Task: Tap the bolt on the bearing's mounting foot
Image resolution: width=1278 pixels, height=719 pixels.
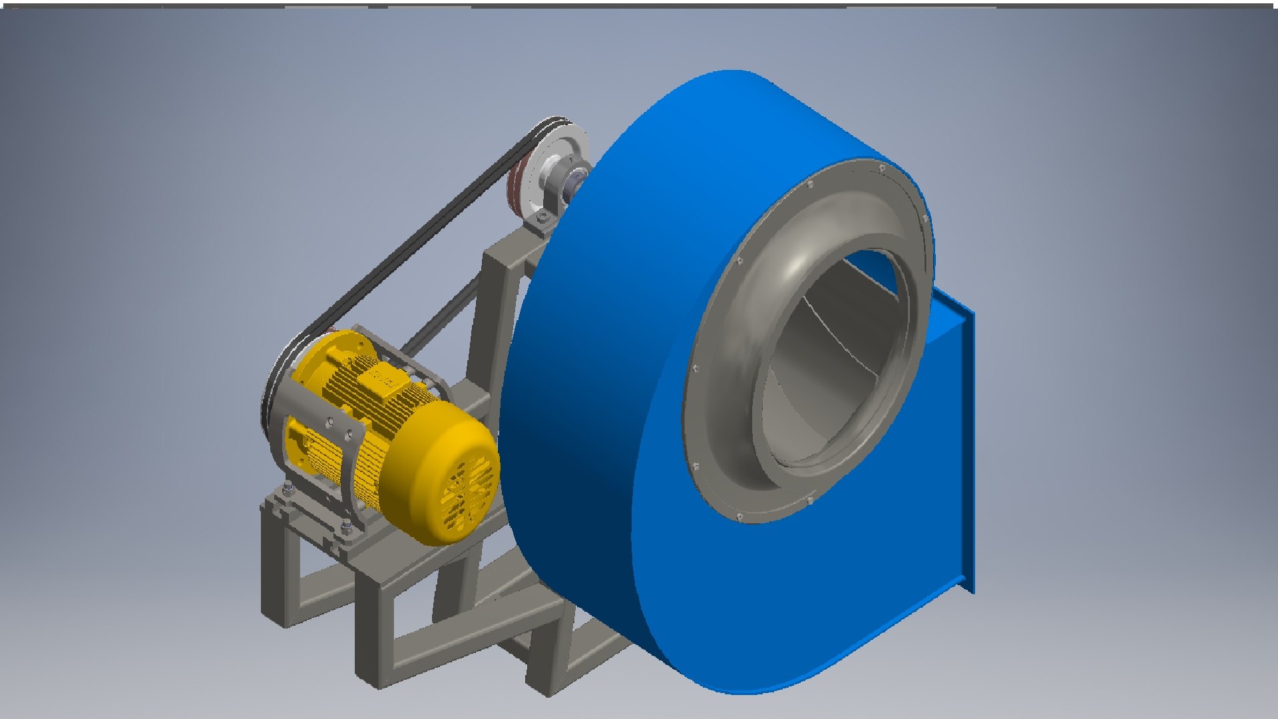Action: click(x=542, y=218)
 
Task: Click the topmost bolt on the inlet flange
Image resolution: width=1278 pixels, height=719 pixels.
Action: click(x=882, y=168)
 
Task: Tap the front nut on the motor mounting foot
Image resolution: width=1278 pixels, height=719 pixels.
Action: click(x=346, y=529)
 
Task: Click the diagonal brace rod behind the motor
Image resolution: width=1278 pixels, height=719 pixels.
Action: click(x=439, y=320)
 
